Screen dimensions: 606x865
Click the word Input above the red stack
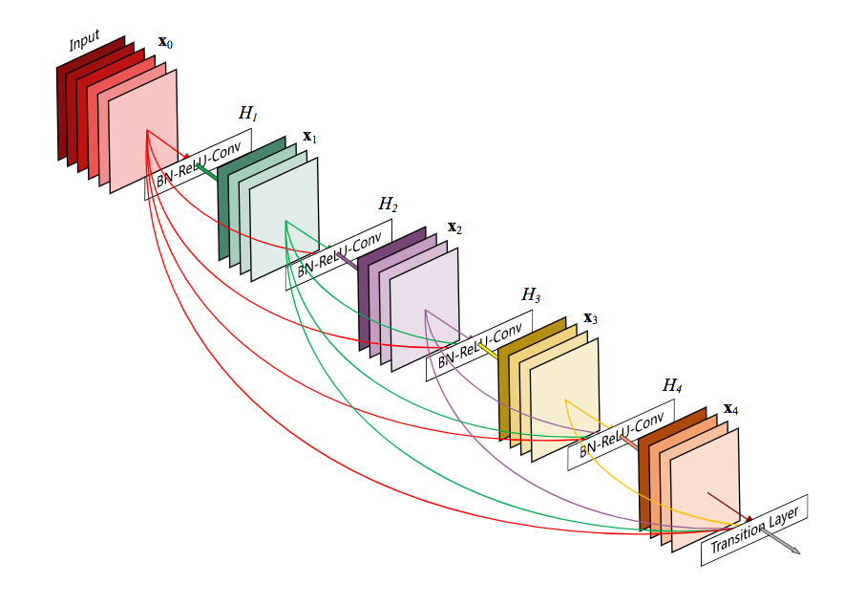(x=84, y=42)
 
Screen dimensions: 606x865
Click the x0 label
(x=166, y=43)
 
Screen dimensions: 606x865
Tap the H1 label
(x=248, y=113)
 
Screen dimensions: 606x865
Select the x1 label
(x=309, y=137)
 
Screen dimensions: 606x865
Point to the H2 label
(x=388, y=204)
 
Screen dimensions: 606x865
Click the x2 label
(x=454, y=227)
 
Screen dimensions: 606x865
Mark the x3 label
(x=590, y=317)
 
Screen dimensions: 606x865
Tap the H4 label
(x=672, y=386)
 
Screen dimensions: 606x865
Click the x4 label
(x=730, y=409)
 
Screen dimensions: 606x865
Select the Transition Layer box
(x=755, y=530)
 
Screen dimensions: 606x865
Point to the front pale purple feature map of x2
(x=425, y=308)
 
